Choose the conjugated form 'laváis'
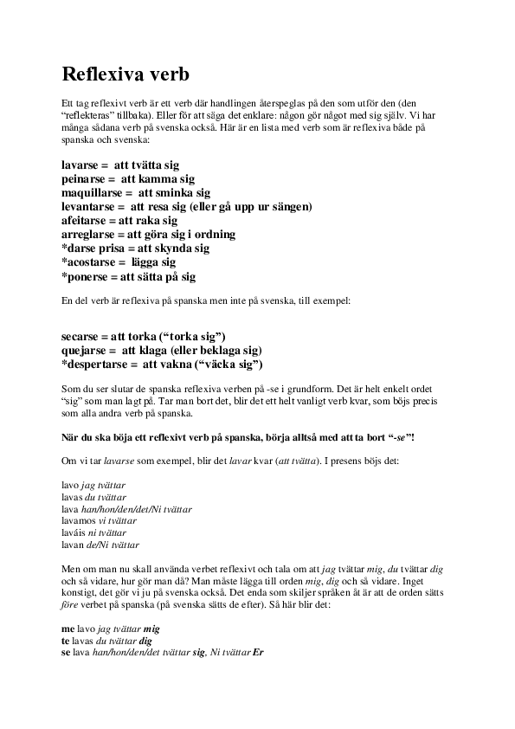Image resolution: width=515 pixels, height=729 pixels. tap(74, 533)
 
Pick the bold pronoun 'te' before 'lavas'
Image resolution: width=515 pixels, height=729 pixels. tap(67, 639)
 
